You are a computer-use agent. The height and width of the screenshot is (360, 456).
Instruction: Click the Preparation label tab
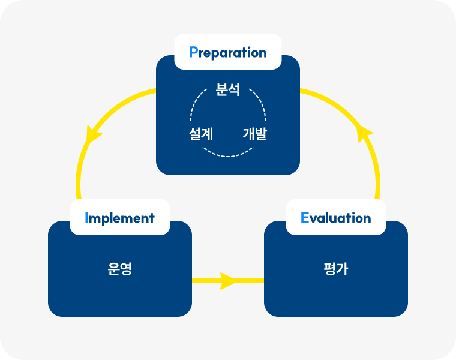coord(228,52)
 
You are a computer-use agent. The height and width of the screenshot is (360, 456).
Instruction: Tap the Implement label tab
coord(120,218)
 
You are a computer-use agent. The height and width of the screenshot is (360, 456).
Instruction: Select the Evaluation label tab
coord(336,218)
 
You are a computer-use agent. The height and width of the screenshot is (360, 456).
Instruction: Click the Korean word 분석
coord(228,91)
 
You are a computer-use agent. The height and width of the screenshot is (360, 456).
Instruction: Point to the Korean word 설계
coord(201,134)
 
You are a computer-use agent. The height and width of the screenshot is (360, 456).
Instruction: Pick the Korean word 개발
coord(254,134)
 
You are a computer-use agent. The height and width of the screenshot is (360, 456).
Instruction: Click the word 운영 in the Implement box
coord(120,269)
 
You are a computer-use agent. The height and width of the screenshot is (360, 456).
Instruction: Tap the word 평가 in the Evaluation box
coord(336,269)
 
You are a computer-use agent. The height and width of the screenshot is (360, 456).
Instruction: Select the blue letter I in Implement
coord(87,218)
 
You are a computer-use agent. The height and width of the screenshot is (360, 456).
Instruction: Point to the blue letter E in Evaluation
coord(305,218)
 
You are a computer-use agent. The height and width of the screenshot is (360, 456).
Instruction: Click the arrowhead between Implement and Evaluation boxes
coord(228,280)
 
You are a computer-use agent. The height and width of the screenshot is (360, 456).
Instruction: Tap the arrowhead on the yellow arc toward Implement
coord(93,134)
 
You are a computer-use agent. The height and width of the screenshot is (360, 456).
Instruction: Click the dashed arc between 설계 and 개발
coord(228,155)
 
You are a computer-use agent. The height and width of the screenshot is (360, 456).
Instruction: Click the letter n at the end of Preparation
coord(262,53)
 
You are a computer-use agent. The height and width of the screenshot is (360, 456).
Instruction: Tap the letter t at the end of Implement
coord(152,218)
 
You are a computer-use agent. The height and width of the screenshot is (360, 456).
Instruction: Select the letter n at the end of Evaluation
coord(367,218)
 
